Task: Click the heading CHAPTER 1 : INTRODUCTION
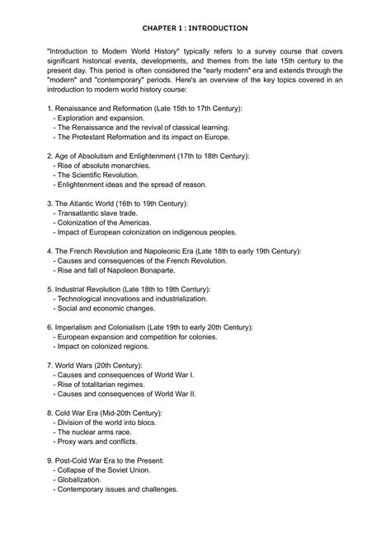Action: (x=195, y=28)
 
